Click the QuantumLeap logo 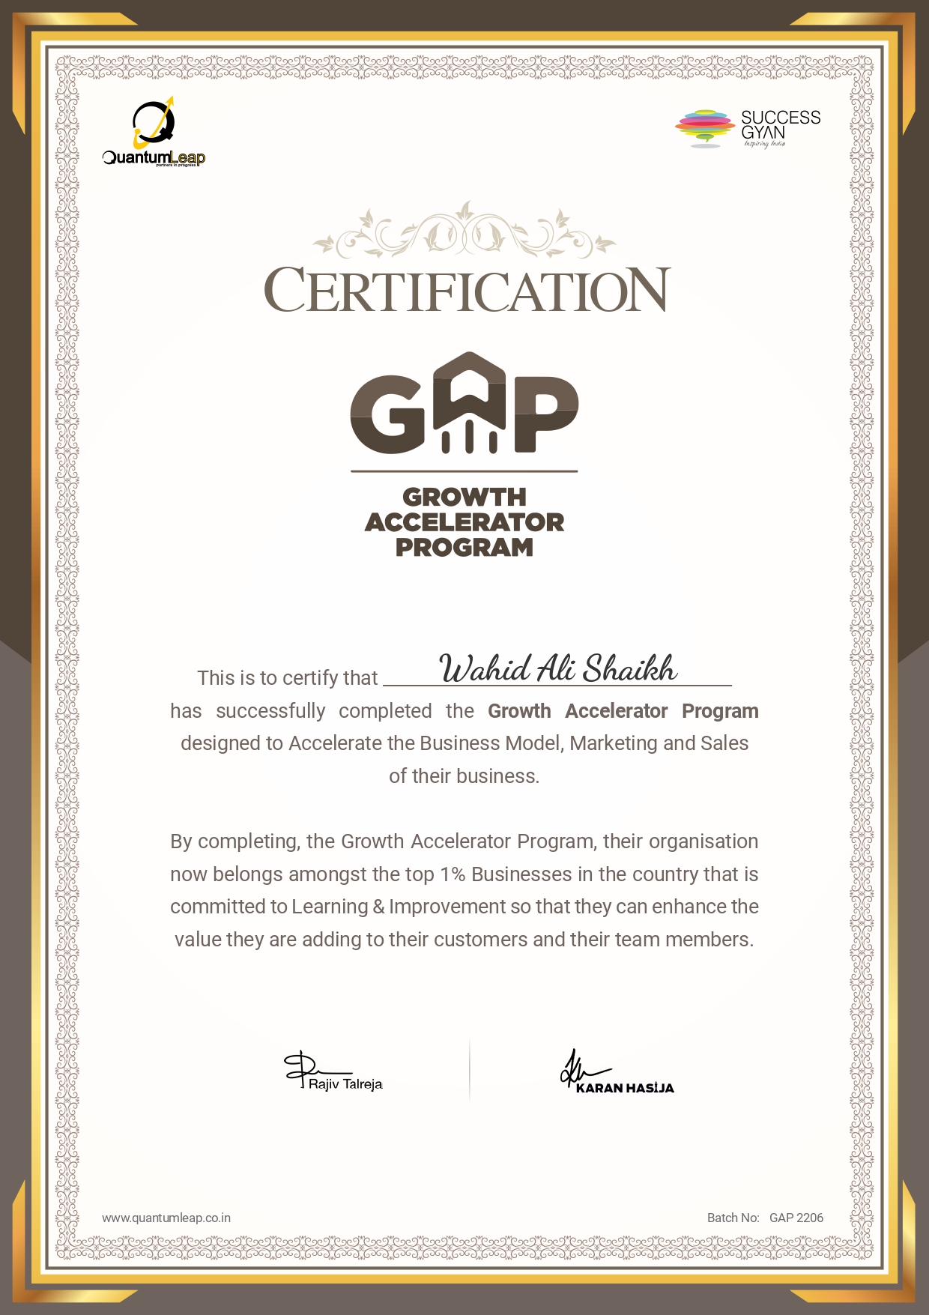[154, 133]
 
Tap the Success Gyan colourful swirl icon [704, 127]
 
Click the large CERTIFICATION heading [467, 291]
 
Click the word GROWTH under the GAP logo [464, 497]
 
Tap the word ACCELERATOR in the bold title [464, 522]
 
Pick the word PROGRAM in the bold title [464, 548]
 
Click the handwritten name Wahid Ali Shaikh [558, 668]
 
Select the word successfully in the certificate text [270, 711]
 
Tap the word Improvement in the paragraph [447, 907]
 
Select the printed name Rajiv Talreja [345, 1084]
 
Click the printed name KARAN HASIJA [625, 1088]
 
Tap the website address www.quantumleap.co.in [166, 1218]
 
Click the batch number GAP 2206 [796, 1218]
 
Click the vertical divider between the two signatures [470, 1069]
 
